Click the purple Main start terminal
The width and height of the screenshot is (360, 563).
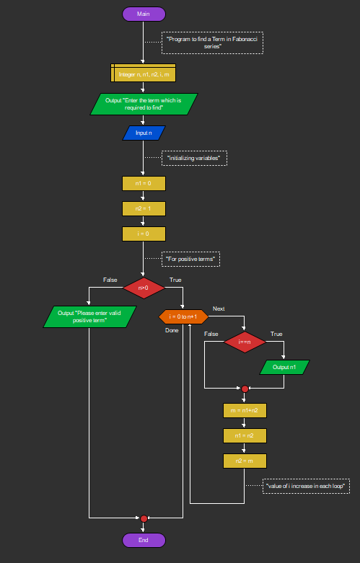[144, 14]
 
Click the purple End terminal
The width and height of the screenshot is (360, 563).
[144, 540]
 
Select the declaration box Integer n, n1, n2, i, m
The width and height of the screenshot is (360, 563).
[144, 74]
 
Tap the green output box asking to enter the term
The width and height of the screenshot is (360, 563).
[144, 104]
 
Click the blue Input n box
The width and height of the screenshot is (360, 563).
[144, 133]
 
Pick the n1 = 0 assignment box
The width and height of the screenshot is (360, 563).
[144, 184]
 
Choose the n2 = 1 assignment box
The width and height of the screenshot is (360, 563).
[144, 208]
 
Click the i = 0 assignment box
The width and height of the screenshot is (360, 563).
[144, 234]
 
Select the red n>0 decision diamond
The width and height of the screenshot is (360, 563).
[144, 288]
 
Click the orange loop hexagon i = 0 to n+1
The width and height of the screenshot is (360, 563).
[183, 316]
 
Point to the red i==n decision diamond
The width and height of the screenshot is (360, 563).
[245, 342]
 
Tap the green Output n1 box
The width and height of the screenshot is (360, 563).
[284, 367]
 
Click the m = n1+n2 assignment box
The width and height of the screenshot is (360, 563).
[245, 410]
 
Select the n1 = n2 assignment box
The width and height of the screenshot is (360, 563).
[245, 435]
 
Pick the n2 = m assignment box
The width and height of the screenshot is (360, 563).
[245, 461]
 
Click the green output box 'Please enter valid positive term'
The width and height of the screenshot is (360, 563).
[89, 316]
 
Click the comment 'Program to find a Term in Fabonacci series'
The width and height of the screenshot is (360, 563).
[212, 43]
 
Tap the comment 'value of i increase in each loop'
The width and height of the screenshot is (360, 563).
[306, 486]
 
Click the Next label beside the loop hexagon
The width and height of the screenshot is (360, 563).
[219, 309]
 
